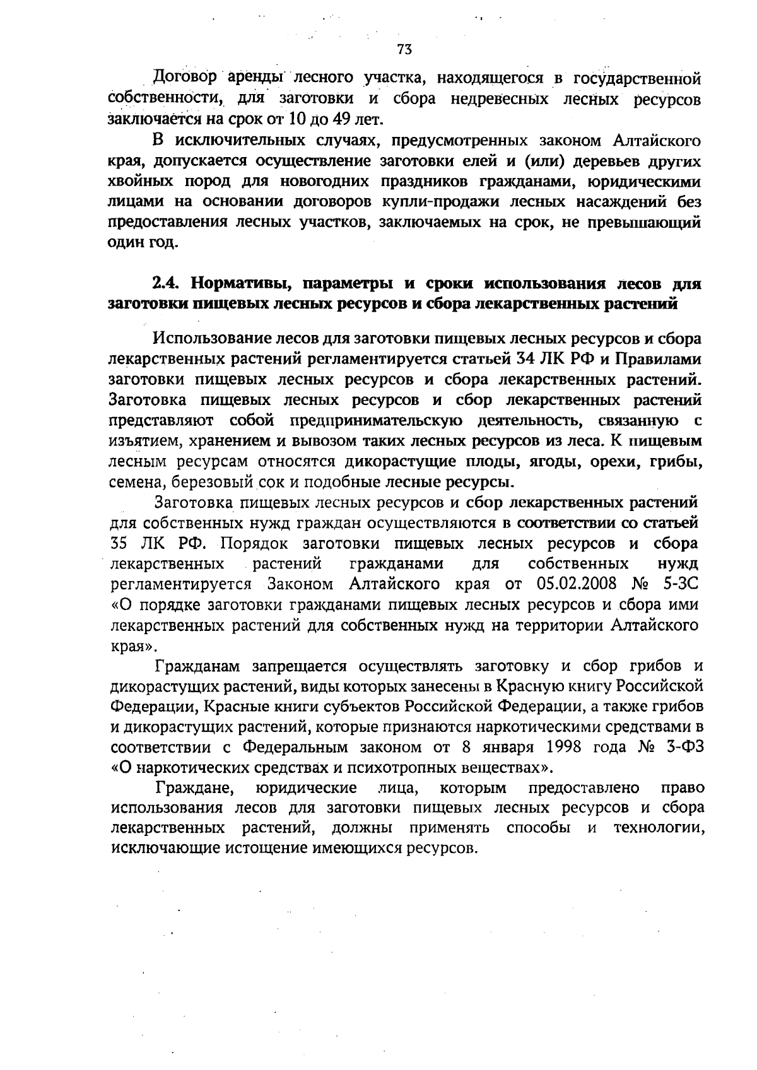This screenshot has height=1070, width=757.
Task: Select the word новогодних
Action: point(315,182)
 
